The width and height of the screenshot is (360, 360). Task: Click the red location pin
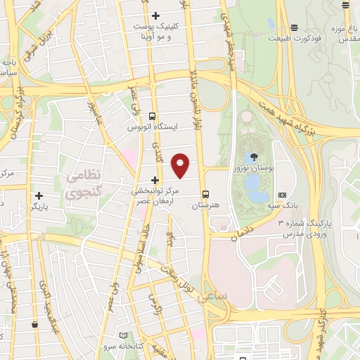(x=181, y=165)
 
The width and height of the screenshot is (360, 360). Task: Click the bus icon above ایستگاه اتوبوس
(x=153, y=116)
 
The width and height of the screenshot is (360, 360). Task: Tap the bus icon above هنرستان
(x=206, y=194)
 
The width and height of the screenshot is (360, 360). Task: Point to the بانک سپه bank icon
(x=283, y=195)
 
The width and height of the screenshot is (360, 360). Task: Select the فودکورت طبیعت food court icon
(x=293, y=27)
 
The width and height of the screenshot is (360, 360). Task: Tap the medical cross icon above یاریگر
(x=39, y=195)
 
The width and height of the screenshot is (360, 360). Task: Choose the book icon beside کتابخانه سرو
(x=124, y=336)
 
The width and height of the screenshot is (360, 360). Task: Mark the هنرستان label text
(x=206, y=206)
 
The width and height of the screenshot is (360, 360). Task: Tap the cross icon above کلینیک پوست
(x=155, y=15)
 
